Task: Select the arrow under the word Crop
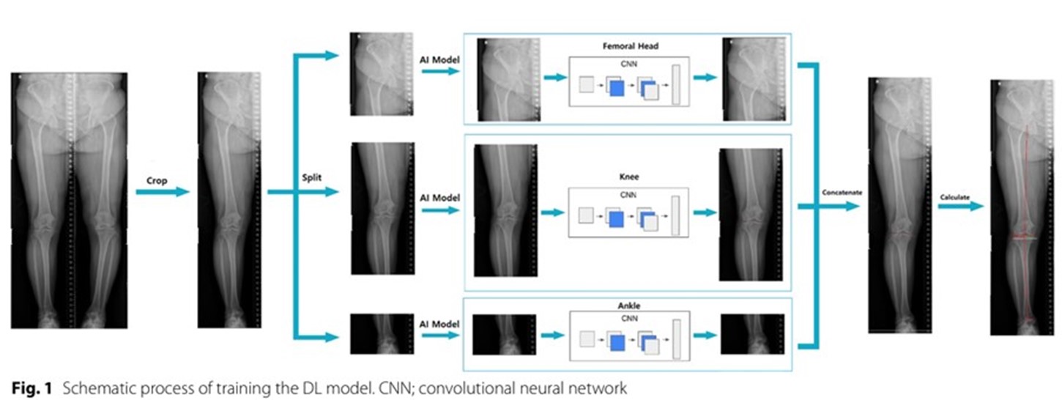click(162, 193)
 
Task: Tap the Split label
click(314, 178)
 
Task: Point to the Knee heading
click(625, 177)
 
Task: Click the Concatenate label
click(841, 192)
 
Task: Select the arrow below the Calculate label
click(960, 207)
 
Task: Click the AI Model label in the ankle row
click(439, 324)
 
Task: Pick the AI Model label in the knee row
click(439, 198)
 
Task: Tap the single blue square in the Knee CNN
click(617, 218)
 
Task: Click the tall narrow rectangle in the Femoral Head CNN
click(675, 85)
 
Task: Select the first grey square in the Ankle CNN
click(586, 339)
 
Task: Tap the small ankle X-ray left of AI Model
click(382, 334)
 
